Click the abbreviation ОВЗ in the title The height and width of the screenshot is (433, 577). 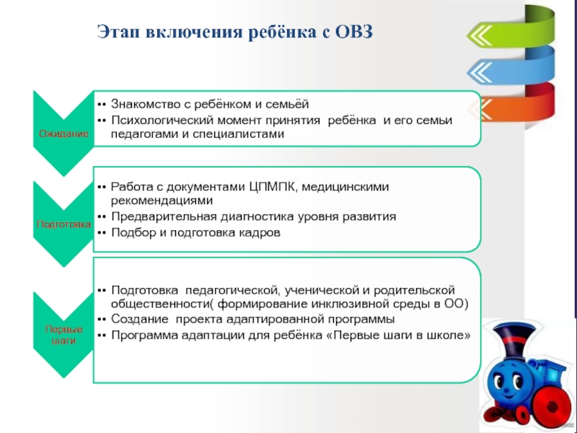coord(353,32)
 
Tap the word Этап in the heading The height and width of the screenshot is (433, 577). coord(118,32)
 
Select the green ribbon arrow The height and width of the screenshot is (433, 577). coord(511,29)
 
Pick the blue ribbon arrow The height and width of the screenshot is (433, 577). coord(511,66)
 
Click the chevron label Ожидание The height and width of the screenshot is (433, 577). coord(63,134)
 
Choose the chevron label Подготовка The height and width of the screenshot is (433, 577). coord(63,224)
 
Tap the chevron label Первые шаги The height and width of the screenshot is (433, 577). coord(63,335)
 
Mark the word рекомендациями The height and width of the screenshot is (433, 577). coord(162,201)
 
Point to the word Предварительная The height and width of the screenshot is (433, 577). coord(164,216)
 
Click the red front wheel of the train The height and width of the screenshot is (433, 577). coord(548,406)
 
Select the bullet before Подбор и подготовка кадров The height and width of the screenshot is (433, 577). coord(102,233)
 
